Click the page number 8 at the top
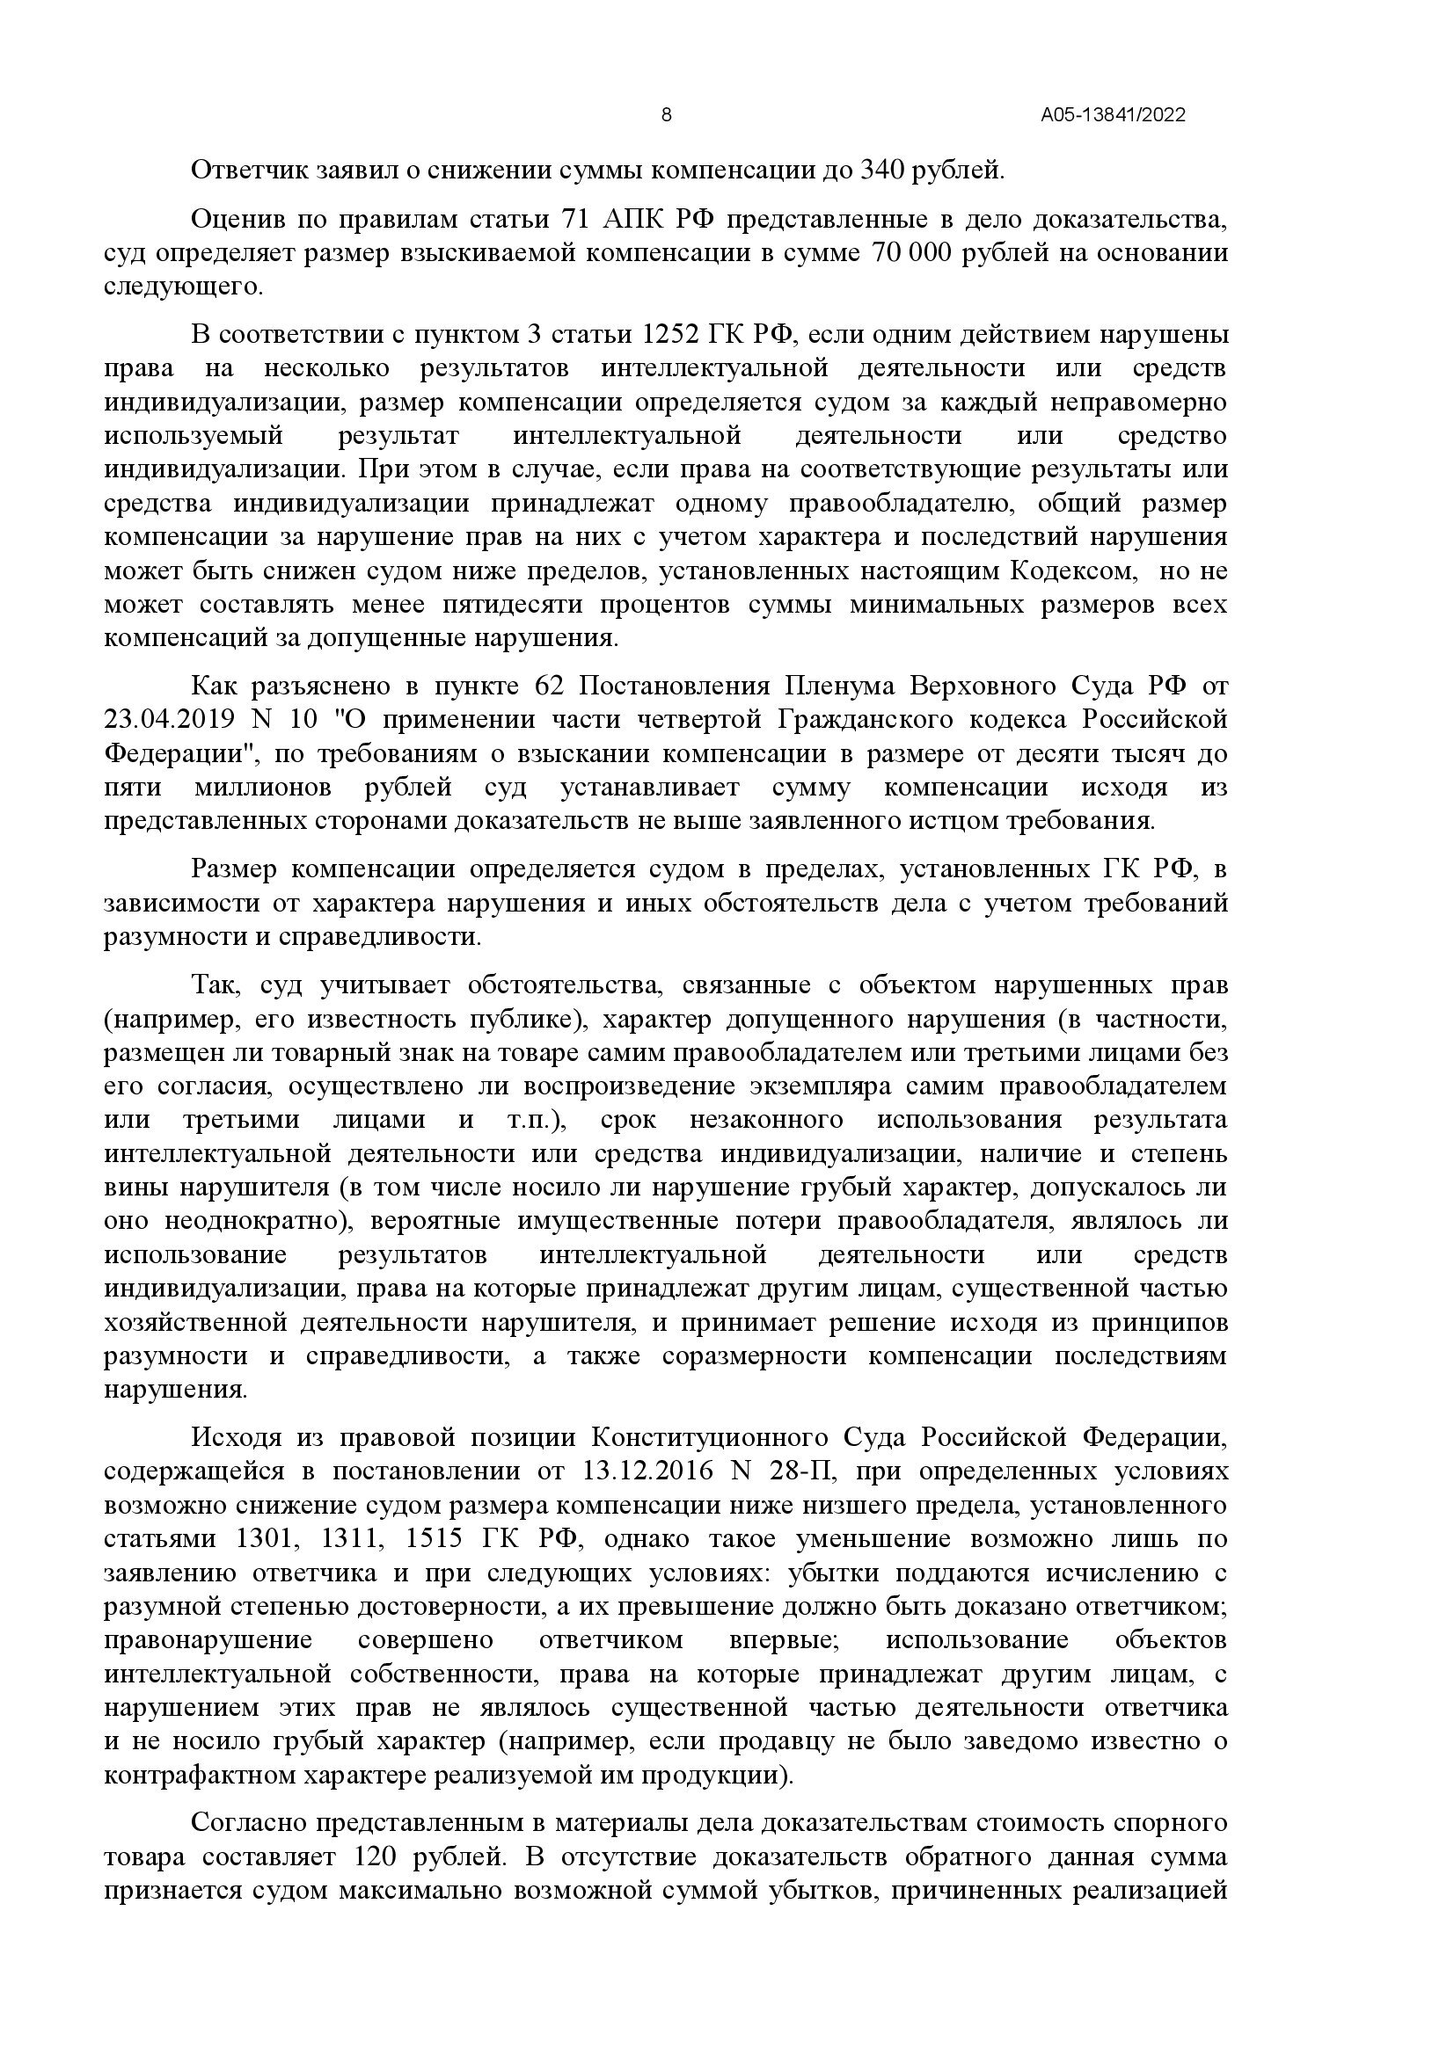[666, 114]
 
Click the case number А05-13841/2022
[1113, 115]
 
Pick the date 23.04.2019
[169, 720]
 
